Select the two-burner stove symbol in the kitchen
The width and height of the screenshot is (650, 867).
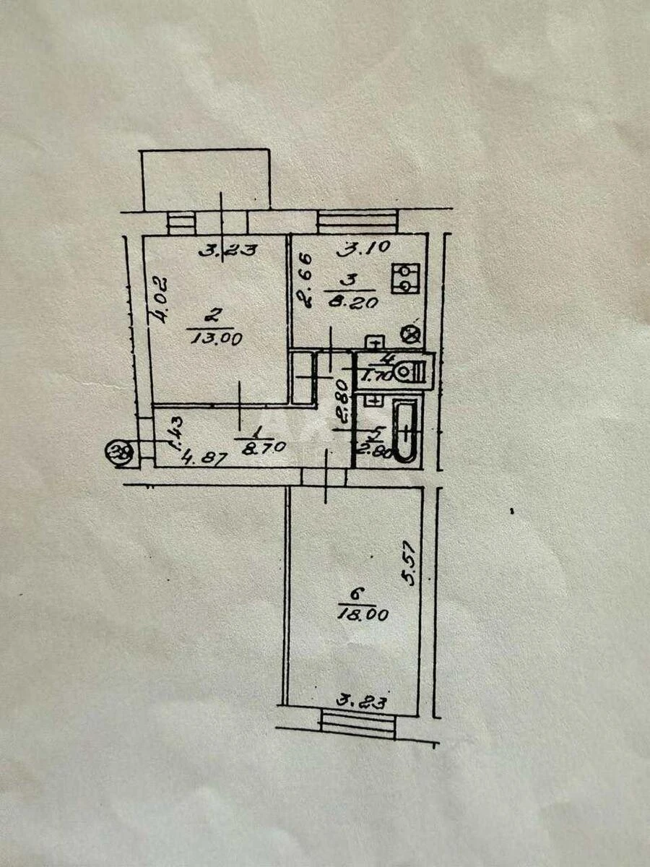(x=405, y=279)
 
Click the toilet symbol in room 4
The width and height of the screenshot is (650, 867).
(x=418, y=372)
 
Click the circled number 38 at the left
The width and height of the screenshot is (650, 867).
(x=114, y=454)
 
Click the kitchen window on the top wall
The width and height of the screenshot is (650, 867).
(x=357, y=220)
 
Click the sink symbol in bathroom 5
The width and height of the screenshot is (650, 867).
(x=373, y=400)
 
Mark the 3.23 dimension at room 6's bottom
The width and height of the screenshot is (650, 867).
(x=362, y=700)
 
